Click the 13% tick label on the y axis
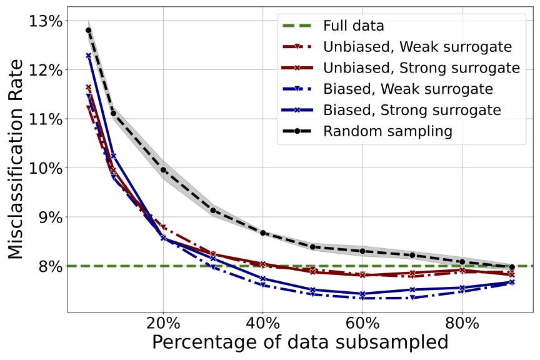(x=46, y=21)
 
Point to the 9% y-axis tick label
(x=49, y=217)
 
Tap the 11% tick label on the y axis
(x=46, y=119)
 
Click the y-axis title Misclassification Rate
(x=17, y=159)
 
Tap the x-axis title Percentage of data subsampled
(x=300, y=343)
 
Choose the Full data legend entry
(x=353, y=26)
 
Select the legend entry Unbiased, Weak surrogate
(x=417, y=47)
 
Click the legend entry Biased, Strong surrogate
(x=412, y=110)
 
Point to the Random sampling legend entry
(x=387, y=131)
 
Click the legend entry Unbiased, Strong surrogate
(x=421, y=67)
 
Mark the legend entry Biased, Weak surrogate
(x=408, y=89)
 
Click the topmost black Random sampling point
(x=89, y=30)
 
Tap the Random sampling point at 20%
(x=163, y=170)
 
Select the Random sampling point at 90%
(x=512, y=267)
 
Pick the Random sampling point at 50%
(x=312, y=247)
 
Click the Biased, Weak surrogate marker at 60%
(x=362, y=298)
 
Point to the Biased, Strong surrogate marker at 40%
(x=263, y=279)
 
